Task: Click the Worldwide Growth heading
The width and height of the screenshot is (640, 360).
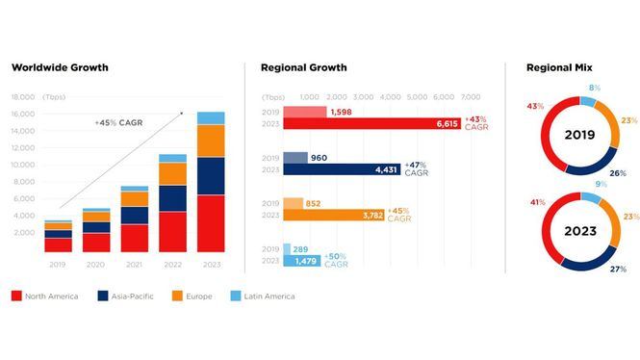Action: click(x=60, y=67)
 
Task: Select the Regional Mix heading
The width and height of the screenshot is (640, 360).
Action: click(x=559, y=67)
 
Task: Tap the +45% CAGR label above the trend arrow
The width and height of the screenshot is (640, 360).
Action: click(x=118, y=122)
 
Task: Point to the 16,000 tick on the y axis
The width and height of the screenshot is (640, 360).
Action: click(x=23, y=114)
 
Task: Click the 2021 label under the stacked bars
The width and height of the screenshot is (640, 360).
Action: click(x=134, y=265)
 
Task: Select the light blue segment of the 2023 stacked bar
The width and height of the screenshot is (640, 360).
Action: click(x=211, y=118)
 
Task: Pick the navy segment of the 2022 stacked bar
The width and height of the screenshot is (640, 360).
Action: click(x=172, y=198)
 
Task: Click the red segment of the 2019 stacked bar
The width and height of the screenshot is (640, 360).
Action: click(x=59, y=244)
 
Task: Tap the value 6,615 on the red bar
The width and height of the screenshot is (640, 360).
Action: click(x=447, y=123)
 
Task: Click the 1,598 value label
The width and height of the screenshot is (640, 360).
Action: click(x=342, y=112)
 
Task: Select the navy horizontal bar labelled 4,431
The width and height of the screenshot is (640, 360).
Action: click(x=342, y=169)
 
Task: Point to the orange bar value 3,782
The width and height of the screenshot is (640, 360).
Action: click(x=372, y=215)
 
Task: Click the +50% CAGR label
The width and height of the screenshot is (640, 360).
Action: click(x=336, y=261)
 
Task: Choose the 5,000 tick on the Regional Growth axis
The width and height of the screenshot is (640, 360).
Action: click(x=417, y=97)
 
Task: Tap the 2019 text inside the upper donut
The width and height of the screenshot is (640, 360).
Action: click(x=579, y=135)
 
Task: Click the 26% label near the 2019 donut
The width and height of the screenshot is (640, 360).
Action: click(x=618, y=173)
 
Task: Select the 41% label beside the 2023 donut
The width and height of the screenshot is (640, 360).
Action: click(x=538, y=202)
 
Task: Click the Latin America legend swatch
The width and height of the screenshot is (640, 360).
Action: click(x=236, y=296)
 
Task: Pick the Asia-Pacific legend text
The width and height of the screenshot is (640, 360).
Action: click(x=133, y=296)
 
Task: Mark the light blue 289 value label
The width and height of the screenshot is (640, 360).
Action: click(x=300, y=249)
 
